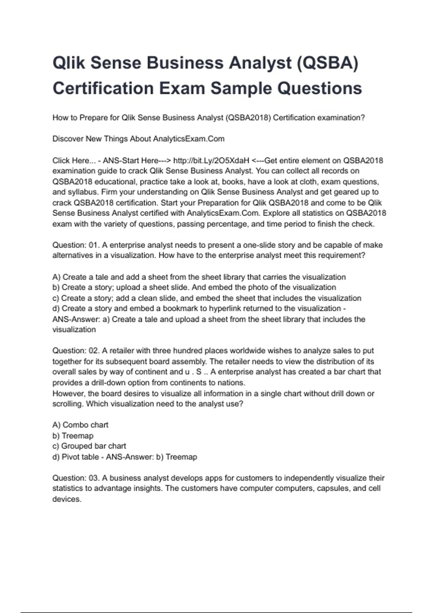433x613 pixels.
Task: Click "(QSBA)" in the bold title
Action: (328, 63)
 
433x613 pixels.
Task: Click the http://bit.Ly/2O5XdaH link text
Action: (211, 160)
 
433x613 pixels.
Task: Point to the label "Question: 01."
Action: (75, 245)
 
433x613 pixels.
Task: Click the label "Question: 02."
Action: (75, 351)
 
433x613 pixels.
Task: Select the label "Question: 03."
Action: (75, 478)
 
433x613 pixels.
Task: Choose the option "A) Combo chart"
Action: (80, 425)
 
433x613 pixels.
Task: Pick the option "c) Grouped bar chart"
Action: (89, 446)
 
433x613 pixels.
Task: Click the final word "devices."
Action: (67, 499)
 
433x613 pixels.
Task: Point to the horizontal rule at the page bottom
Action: (216, 612)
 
